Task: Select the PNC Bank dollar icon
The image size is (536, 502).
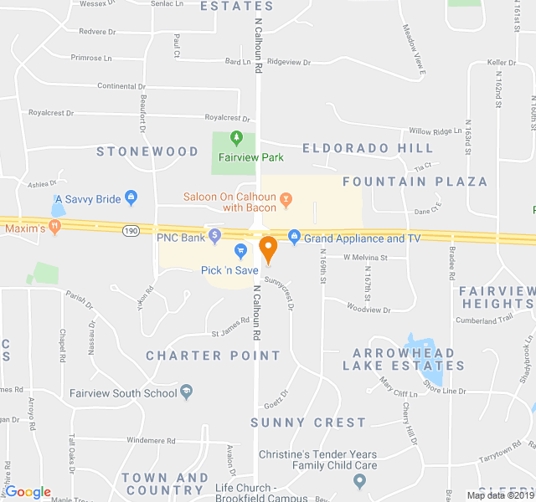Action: point(215,237)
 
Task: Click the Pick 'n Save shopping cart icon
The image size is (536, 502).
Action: point(240,250)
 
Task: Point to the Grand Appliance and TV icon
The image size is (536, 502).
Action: point(294,238)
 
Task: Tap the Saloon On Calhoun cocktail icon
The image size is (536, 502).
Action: point(286,199)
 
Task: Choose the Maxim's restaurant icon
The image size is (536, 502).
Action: point(55,226)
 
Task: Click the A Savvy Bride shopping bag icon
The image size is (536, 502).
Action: point(131,197)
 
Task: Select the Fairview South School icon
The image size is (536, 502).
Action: point(187,390)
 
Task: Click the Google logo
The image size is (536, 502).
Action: point(28,492)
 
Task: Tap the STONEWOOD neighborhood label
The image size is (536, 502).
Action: point(147,151)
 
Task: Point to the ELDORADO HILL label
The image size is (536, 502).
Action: point(368,148)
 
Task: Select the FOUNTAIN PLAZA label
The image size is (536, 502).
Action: point(415,182)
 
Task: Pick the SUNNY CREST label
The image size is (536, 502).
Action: point(308,423)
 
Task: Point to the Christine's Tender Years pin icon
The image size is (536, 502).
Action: point(360,480)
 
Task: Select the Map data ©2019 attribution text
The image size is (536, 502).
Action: point(499,494)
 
